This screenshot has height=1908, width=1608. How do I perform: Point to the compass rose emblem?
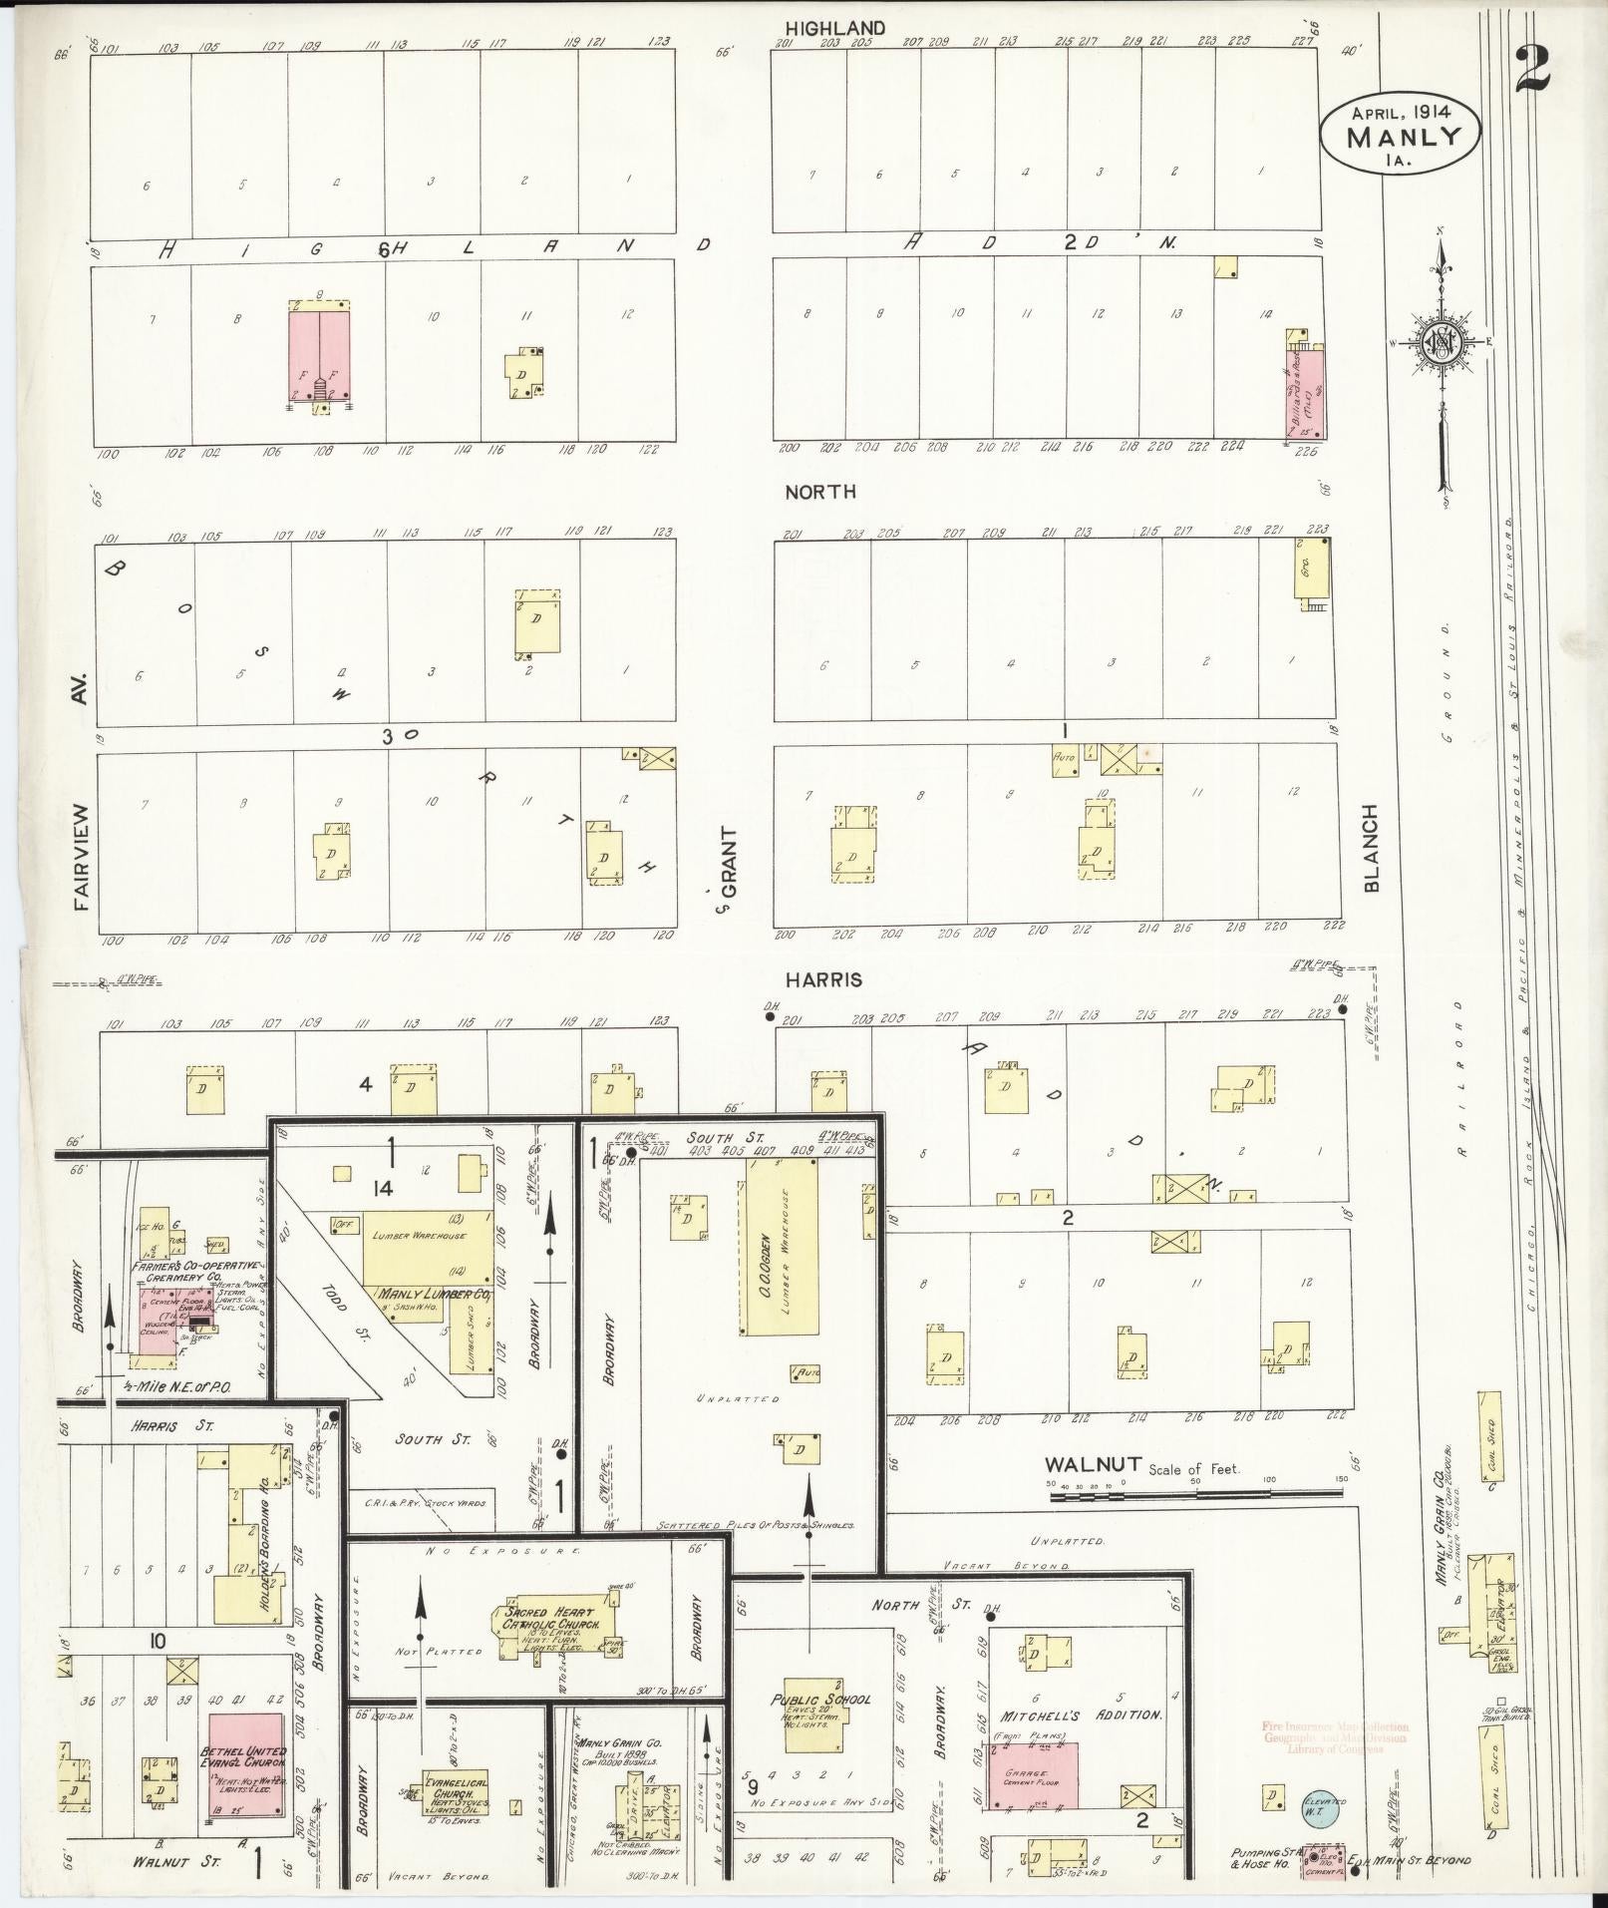[1441, 342]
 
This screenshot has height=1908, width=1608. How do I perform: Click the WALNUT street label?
[1093, 1464]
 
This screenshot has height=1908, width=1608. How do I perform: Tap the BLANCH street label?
[1371, 848]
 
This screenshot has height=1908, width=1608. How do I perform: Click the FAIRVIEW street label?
[82, 858]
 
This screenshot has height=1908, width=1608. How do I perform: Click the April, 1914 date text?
[1400, 112]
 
